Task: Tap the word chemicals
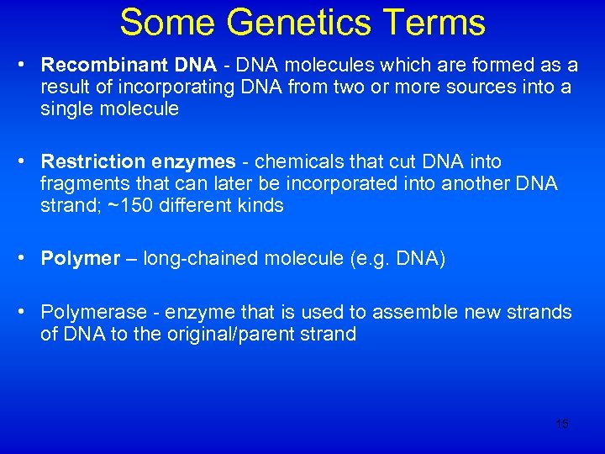point(292,161)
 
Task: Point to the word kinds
point(260,205)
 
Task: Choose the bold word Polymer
point(81,259)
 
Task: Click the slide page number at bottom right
point(562,424)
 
